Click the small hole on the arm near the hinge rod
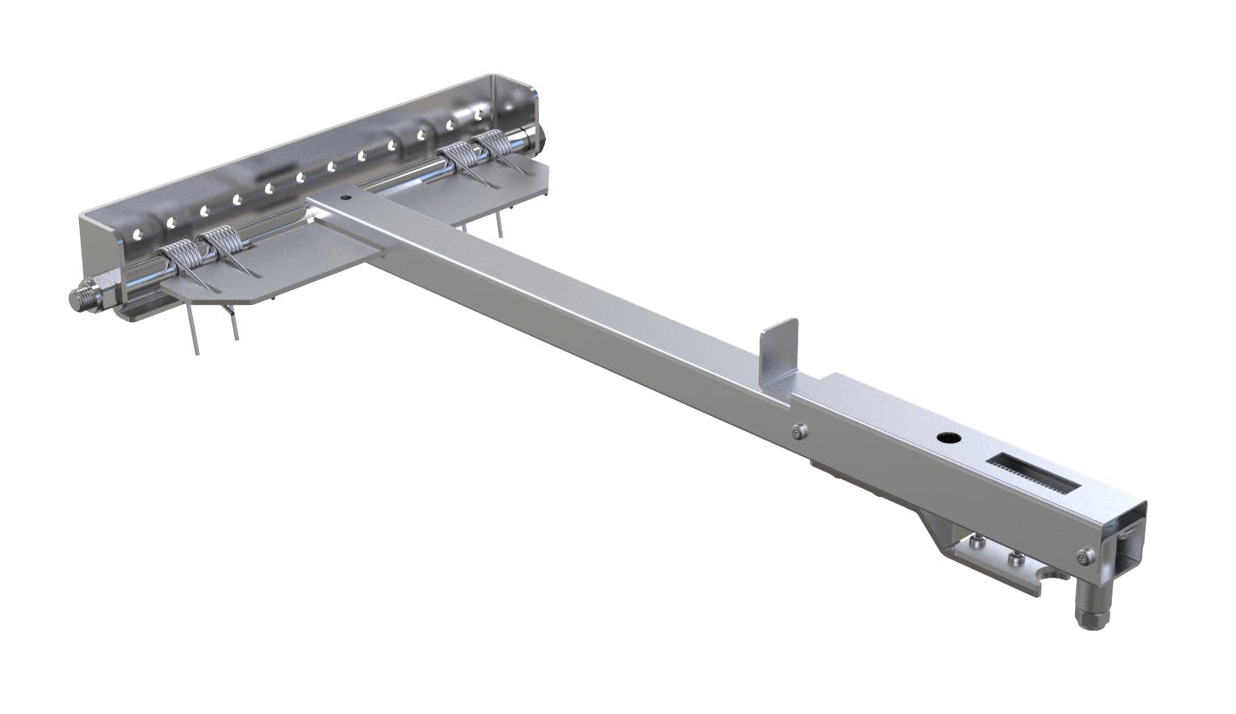347,198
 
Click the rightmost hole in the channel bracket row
479,115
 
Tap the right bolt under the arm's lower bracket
1015,558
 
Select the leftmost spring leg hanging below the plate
193,330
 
